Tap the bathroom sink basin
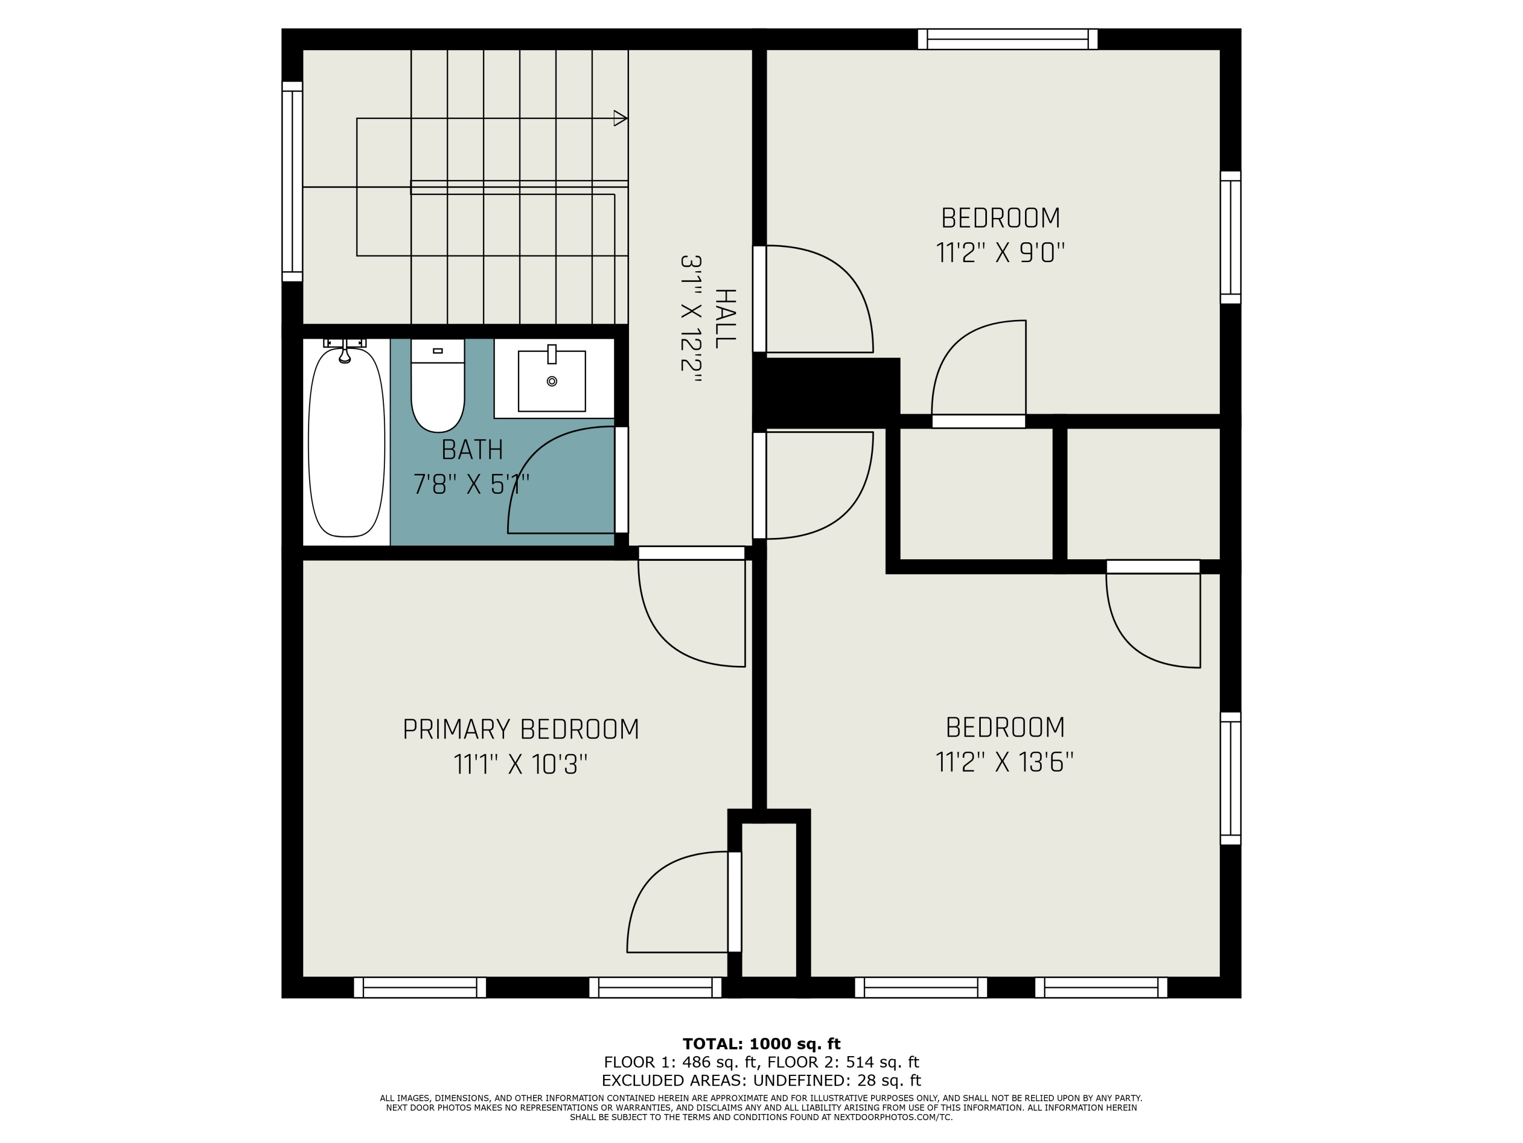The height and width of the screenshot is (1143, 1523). [x=551, y=381]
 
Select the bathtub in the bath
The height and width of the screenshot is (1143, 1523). [x=346, y=442]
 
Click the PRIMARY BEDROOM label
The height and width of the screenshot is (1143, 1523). [x=520, y=729]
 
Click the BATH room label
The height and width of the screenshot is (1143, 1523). [x=472, y=450]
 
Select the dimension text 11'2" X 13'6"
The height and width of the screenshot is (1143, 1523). [x=1005, y=763]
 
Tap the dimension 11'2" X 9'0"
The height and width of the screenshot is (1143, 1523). [x=1001, y=253]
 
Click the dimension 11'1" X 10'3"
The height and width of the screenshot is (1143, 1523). [x=520, y=765]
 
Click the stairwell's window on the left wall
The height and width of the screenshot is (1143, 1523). [x=292, y=181]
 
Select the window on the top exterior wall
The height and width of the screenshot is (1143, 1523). [x=1007, y=39]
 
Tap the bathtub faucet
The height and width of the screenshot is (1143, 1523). [x=345, y=351]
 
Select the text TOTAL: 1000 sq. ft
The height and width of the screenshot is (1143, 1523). [x=762, y=1044]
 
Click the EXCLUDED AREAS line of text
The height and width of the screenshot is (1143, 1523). [x=762, y=1081]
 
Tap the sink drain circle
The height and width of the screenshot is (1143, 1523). [x=551, y=381]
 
